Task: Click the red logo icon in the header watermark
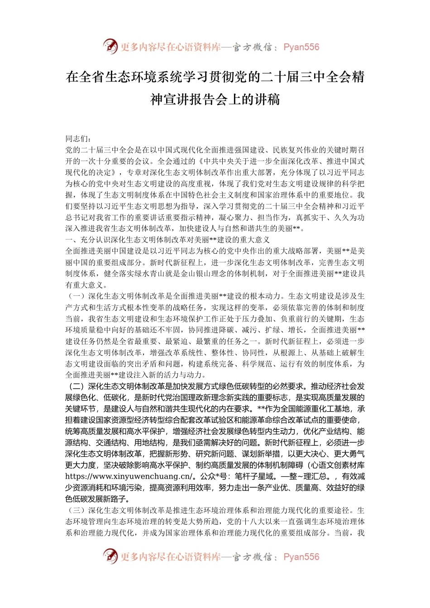click(110, 46)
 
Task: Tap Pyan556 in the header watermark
click(301, 47)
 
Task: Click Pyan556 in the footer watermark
click(301, 557)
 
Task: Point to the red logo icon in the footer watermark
click(110, 556)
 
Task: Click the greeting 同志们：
click(78, 139)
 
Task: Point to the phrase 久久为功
click(349, 218)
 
